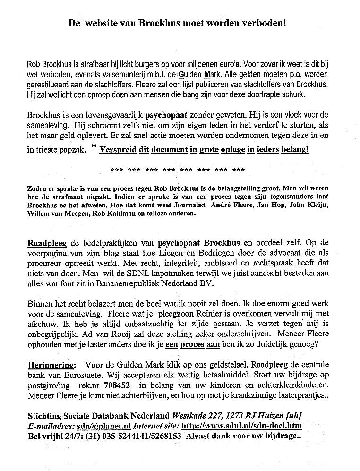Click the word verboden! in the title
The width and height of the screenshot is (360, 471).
260,22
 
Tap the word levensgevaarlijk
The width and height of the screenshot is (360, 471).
111,115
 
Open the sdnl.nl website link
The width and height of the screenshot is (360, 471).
241,426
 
